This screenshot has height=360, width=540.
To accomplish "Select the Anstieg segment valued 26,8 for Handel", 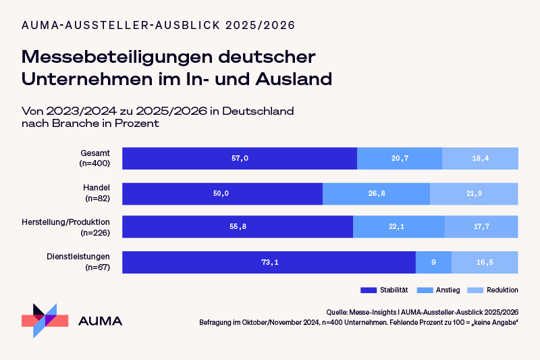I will (x=376, y=193).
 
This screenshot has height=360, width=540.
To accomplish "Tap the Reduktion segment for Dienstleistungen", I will (x=485, y=262).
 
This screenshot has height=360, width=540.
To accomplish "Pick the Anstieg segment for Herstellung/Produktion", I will (x=398, y=227).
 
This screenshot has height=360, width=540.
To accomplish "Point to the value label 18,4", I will (x=481, y=158).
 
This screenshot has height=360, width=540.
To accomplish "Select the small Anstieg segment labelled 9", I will (x=433, y=262).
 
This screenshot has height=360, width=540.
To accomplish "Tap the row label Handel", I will (x=97, y=187).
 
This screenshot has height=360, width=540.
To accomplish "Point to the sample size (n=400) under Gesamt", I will (x=94, y=163).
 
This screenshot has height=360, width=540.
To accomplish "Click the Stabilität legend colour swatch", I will (x=368, y=290).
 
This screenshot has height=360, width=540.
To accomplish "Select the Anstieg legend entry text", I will (x=449, y=290).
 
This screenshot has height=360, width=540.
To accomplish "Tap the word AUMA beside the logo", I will (x=101, y=321).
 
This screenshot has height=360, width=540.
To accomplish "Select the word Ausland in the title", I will (x=294, y=78).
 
